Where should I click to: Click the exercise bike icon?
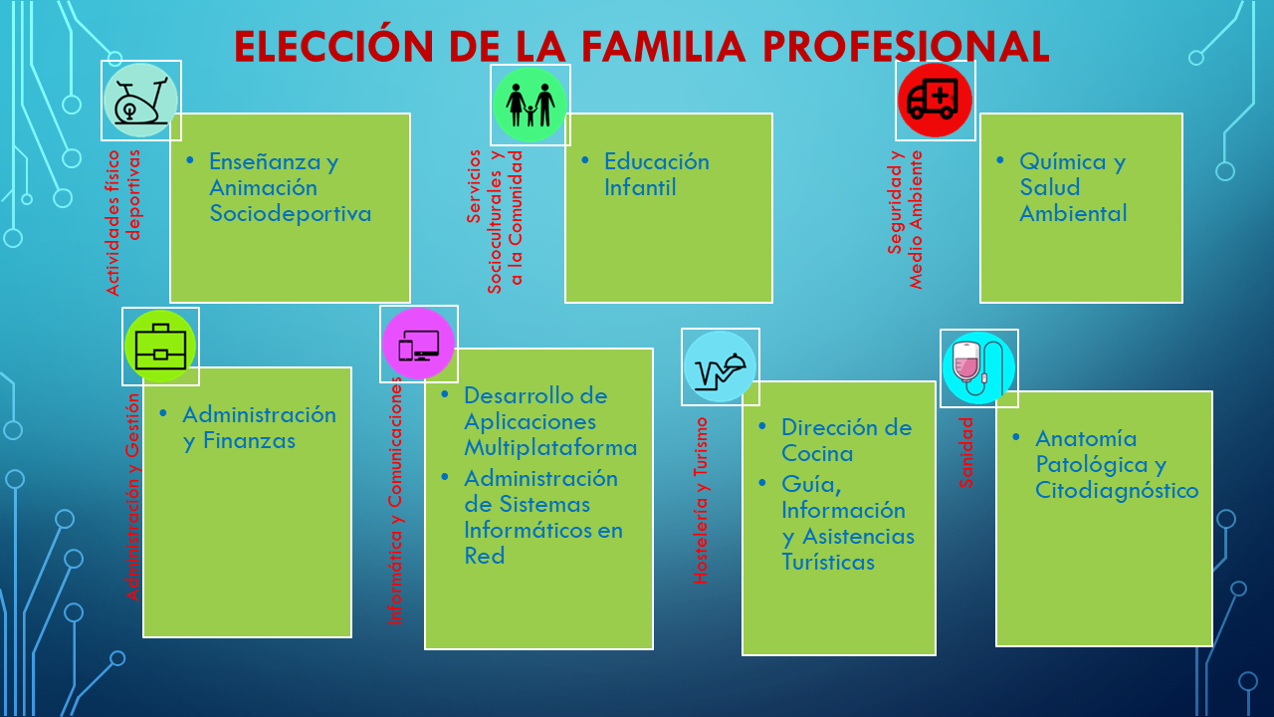tap(141, 101)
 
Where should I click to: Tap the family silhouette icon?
tap(531, 105)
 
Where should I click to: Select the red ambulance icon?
tap(935, 101)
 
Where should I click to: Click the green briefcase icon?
tap(160, 346)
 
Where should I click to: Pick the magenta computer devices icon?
tap(419, 344)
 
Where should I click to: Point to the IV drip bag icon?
tap(978, 367)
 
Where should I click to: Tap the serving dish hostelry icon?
tap(720, 366)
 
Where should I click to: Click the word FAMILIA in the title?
tap(663, 47)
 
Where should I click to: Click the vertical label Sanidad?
tap(965, 453)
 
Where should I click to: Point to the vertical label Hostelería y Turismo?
tap(701, 501)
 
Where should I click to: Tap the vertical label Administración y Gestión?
tap(132, 497)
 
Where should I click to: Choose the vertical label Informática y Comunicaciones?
tap(395, 501)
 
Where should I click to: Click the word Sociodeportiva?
tap(290, 214)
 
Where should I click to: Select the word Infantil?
tap(640, 188)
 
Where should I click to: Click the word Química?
tap(1061, 162)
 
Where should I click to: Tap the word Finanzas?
tap(249, 441)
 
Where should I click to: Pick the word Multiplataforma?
tap(550, 448)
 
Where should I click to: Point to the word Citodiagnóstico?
tap(1117, 491)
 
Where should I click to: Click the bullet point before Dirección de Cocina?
tap(762, 426)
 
